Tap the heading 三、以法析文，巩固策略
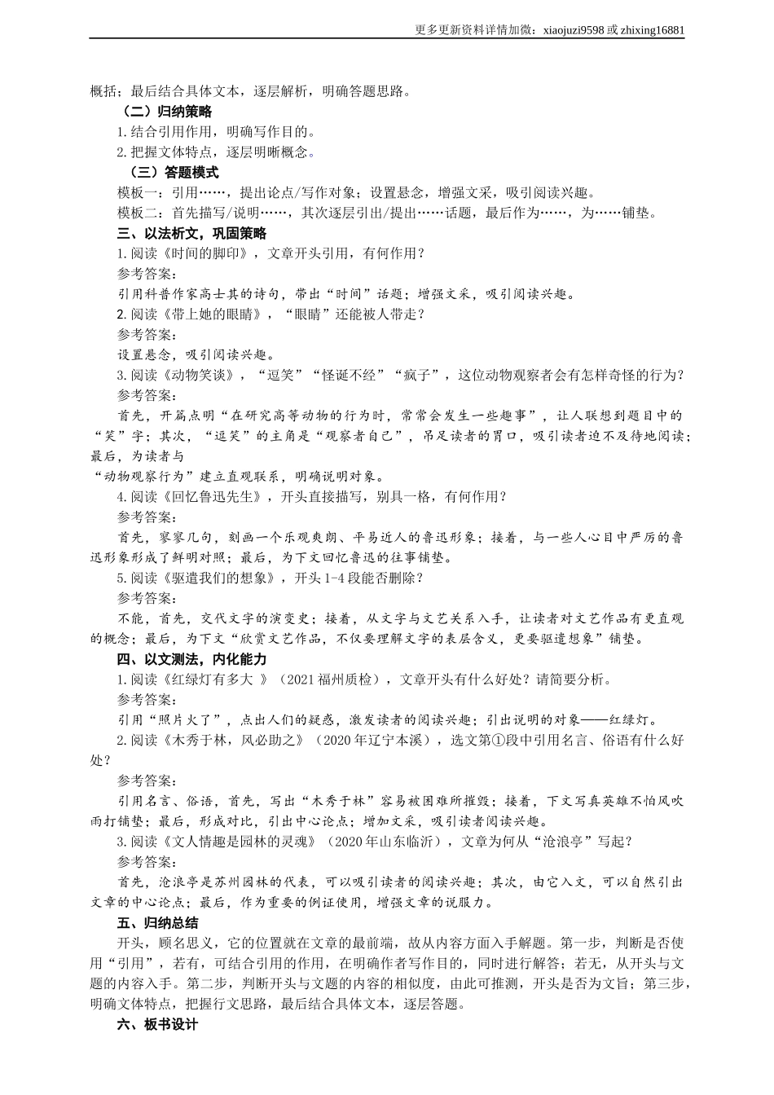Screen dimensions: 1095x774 tap(192, 234)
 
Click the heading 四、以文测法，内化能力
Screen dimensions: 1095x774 tap(192, 659)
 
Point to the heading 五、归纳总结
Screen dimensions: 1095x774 tap(158, 923)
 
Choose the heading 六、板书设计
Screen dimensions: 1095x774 tap(158, 1025)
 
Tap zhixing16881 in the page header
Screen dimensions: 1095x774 tap(652, 30)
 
